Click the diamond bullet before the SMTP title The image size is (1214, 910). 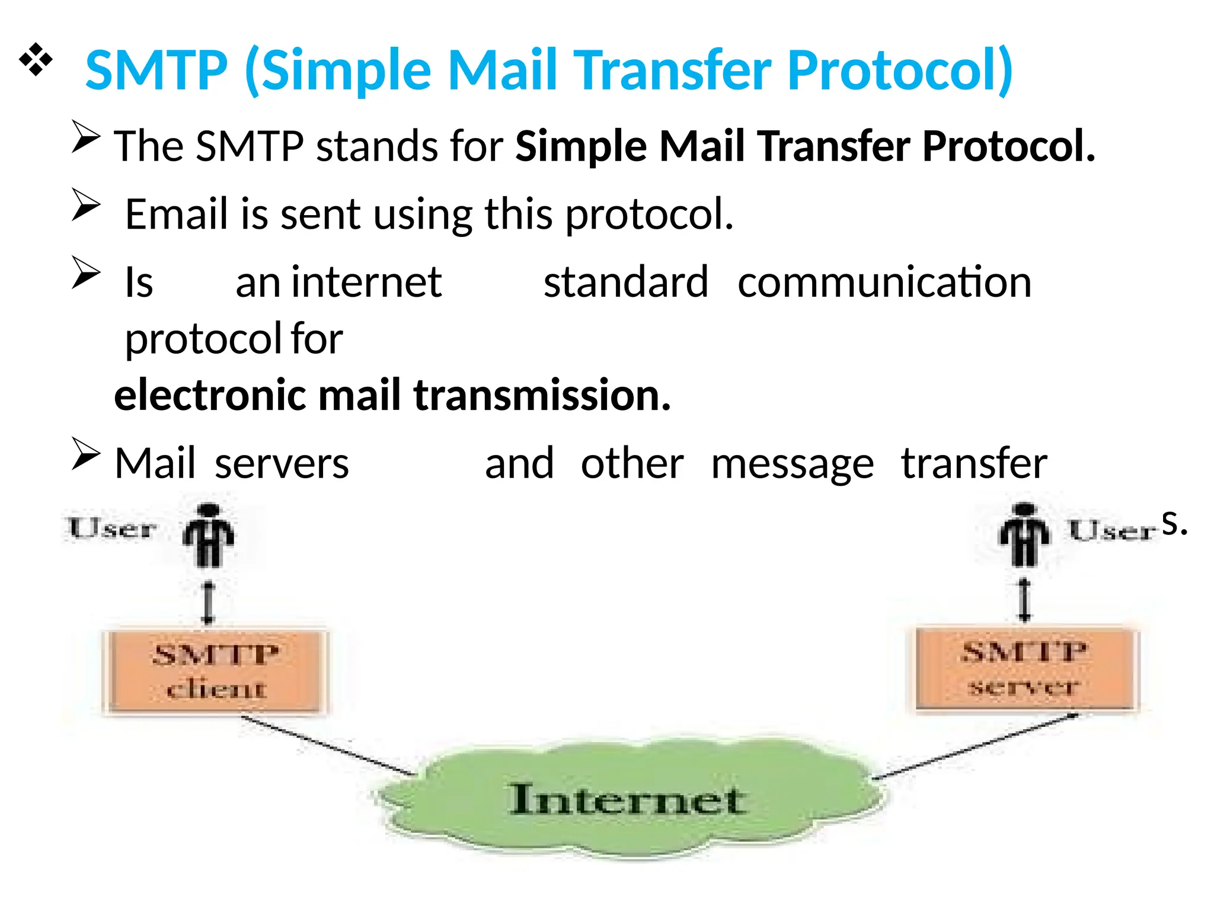(x=36, y=59)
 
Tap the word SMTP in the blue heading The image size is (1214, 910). (x=156, y=70)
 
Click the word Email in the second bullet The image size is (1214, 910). (x=177, y=214)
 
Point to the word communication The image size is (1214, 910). (x=884, y=283)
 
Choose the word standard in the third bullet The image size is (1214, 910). (x=626, y=283)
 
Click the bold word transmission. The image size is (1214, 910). (x=542, y=395)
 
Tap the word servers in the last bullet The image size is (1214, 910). (x=282, y=463)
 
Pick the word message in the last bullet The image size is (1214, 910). (x=792, y=463)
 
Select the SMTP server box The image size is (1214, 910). (x=1024, y=668)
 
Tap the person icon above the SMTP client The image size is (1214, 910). (x=208, y=535)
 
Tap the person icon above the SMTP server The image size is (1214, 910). (x=1024, y=534)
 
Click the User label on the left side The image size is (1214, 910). (x=112, y=528)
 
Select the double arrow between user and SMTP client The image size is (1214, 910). (x=207, y=603)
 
